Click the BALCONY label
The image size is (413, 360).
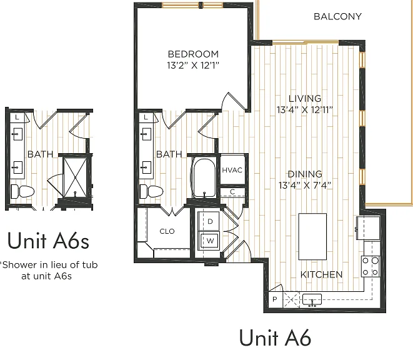337,17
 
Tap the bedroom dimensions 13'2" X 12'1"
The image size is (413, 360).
193,65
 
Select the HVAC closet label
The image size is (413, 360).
232,170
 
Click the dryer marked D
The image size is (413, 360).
209,221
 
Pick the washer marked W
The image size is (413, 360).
209,241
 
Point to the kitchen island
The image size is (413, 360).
312,237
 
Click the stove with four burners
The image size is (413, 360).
371,266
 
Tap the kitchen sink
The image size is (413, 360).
312,300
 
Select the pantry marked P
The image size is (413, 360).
276,299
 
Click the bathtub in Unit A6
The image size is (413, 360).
204,178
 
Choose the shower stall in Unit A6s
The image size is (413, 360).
75,177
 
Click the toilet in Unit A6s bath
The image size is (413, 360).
22,191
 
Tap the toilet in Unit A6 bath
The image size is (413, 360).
151,191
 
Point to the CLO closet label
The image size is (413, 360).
167,231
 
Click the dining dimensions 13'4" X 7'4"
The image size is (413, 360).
305,185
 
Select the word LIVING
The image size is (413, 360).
305,98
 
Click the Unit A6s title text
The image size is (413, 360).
48,241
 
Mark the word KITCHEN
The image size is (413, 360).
321,274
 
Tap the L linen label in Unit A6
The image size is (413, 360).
146,117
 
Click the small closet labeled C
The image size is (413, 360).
232,192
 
